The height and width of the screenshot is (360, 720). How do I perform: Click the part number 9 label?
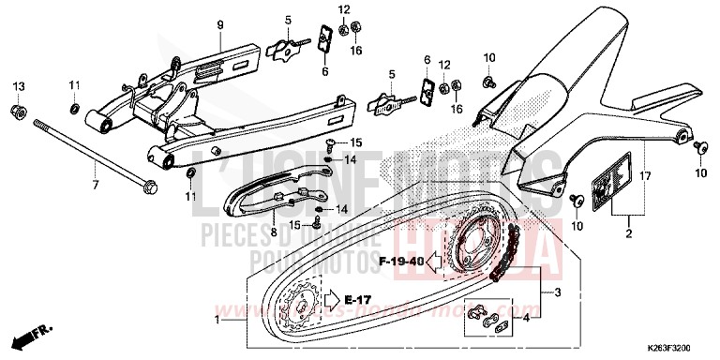click(221, 22)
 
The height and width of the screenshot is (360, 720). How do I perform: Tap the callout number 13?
click(18, 86)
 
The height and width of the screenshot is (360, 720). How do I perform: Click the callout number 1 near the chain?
click(218, 320)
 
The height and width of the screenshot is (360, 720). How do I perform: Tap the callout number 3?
click(558, 292)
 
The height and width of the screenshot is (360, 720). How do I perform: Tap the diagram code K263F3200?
click(674, 346)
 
